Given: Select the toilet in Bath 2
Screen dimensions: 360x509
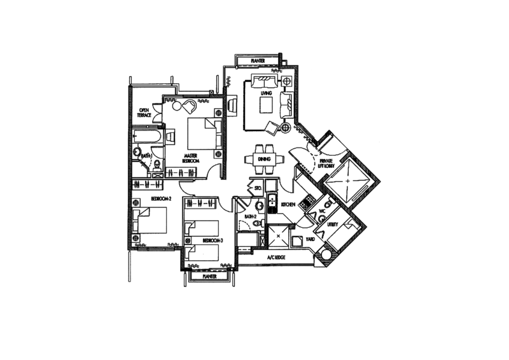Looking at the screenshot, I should pyautogui.click(x=259, y=207).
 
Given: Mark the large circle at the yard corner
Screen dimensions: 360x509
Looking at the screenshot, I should pyautogui.click(x=326, y=255).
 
